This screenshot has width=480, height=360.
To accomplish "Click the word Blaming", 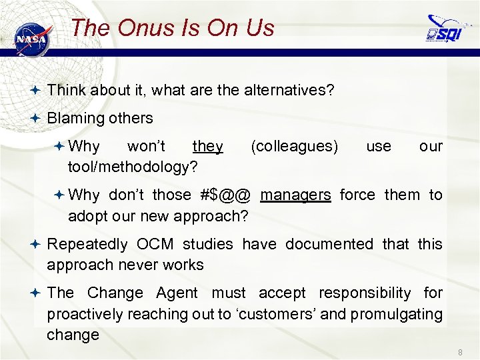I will pos(74,119).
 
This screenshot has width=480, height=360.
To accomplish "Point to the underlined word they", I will pos(207,146).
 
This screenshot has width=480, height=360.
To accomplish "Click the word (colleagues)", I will pos(294,146).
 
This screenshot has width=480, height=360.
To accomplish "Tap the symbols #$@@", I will pos(225,195).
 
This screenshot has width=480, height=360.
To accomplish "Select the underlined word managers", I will pos(295,195).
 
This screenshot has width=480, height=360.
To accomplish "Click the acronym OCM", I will pos(158,244).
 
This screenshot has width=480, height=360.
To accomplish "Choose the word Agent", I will pos(177,293).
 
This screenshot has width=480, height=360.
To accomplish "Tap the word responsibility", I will pos(365,293).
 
